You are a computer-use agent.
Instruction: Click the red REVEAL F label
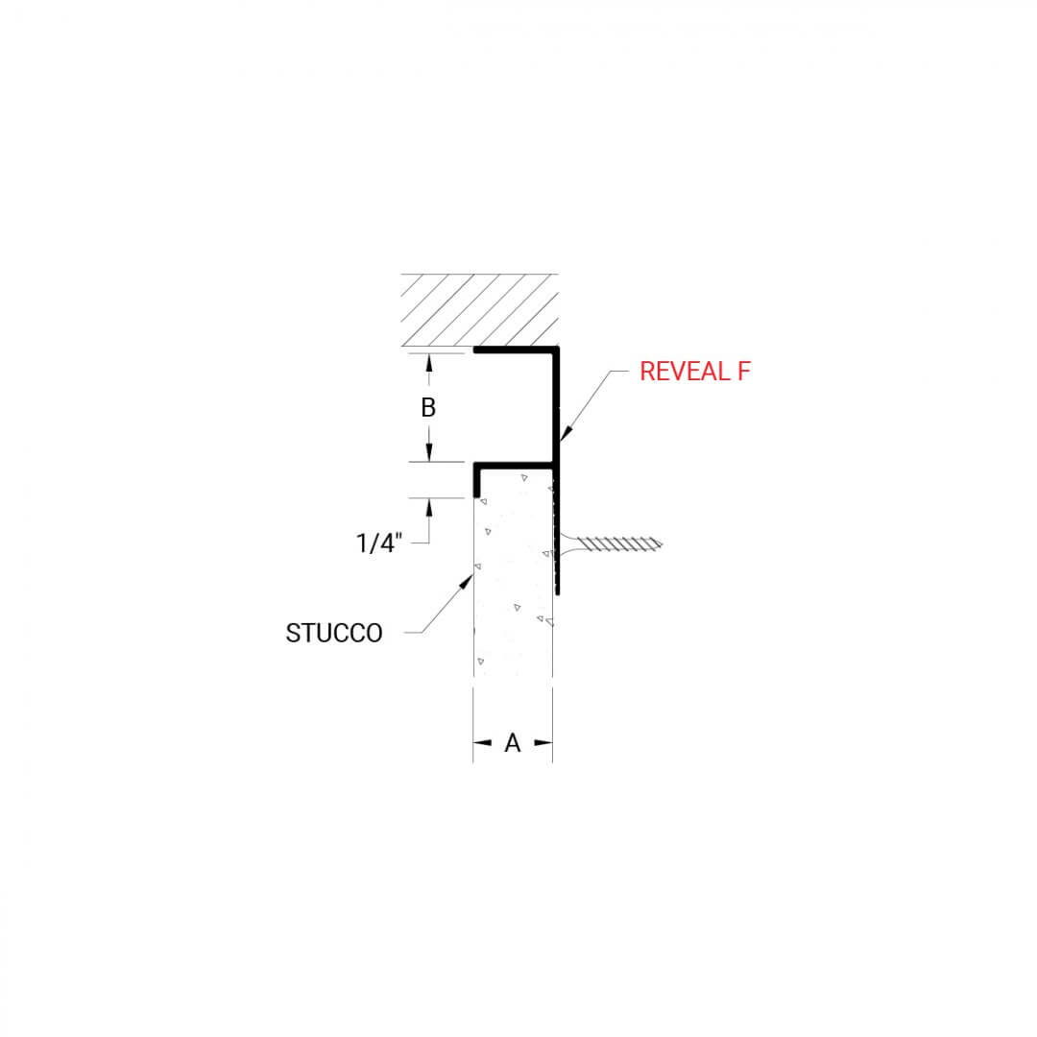[x=693, y=373]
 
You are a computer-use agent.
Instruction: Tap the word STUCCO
[x=334, y=634]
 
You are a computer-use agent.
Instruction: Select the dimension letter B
[x=428, y=407]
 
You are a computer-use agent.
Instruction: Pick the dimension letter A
[x=513, y=742]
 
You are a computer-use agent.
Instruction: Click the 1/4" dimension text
[x=378, y=543]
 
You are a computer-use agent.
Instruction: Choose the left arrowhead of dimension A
[x=480, y=742]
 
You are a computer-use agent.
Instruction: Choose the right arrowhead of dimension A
[x=545, y=742]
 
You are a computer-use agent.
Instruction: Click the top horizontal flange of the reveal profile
[x=515, y=350]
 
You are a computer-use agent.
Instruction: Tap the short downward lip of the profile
[x=476, y=481]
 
